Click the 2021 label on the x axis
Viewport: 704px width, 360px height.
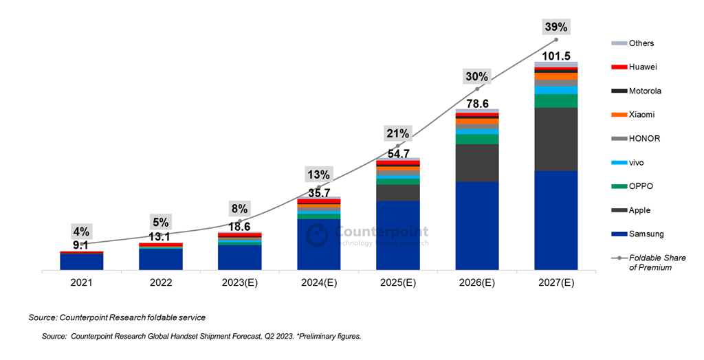pos(81,282)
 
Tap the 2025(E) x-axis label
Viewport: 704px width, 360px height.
pos(397,282)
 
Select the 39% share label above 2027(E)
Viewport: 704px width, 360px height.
pos(555,27)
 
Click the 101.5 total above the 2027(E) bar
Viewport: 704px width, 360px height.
pos(555,56)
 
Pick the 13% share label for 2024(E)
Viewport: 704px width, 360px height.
pos(318,175)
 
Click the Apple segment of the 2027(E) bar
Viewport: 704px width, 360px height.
pos(555,139)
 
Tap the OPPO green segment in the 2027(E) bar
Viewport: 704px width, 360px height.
pos(555,101)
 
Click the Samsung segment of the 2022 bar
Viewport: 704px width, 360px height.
pos(160,259)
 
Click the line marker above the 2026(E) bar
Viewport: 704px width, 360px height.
pos(476,89)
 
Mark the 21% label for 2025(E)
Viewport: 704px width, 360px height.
pos(397,133)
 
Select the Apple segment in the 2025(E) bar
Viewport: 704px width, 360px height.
pos(397,192)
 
